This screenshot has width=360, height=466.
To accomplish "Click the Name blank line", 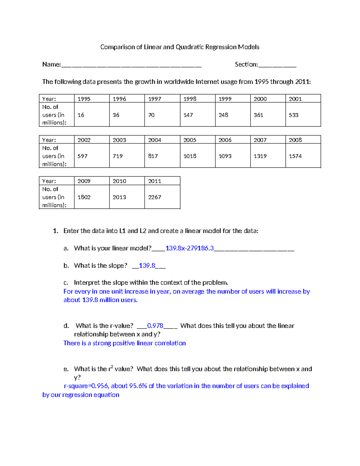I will coord(131,65).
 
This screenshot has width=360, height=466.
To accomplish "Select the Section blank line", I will coord(277,65).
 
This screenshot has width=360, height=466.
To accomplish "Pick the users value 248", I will coord(223,115).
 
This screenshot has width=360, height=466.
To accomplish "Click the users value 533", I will coord(293,115).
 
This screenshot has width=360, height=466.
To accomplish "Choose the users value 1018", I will coord(190,156).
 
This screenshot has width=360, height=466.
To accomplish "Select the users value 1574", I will coord(295,156).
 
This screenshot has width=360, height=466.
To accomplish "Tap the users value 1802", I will coord(84,197).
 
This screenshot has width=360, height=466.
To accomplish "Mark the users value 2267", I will coord(154,197).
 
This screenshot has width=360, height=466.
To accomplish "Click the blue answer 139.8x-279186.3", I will coord(190,248).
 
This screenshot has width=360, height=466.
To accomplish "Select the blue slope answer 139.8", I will coord(147,266).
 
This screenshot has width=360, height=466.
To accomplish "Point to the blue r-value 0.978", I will coord(155,326).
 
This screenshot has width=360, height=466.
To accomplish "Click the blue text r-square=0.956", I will coord(86,386).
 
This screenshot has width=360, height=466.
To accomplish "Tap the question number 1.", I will coord(55,231).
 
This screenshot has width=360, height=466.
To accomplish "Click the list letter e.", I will coord(66,369).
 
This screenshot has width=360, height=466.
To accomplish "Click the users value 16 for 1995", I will coord(81,115).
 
